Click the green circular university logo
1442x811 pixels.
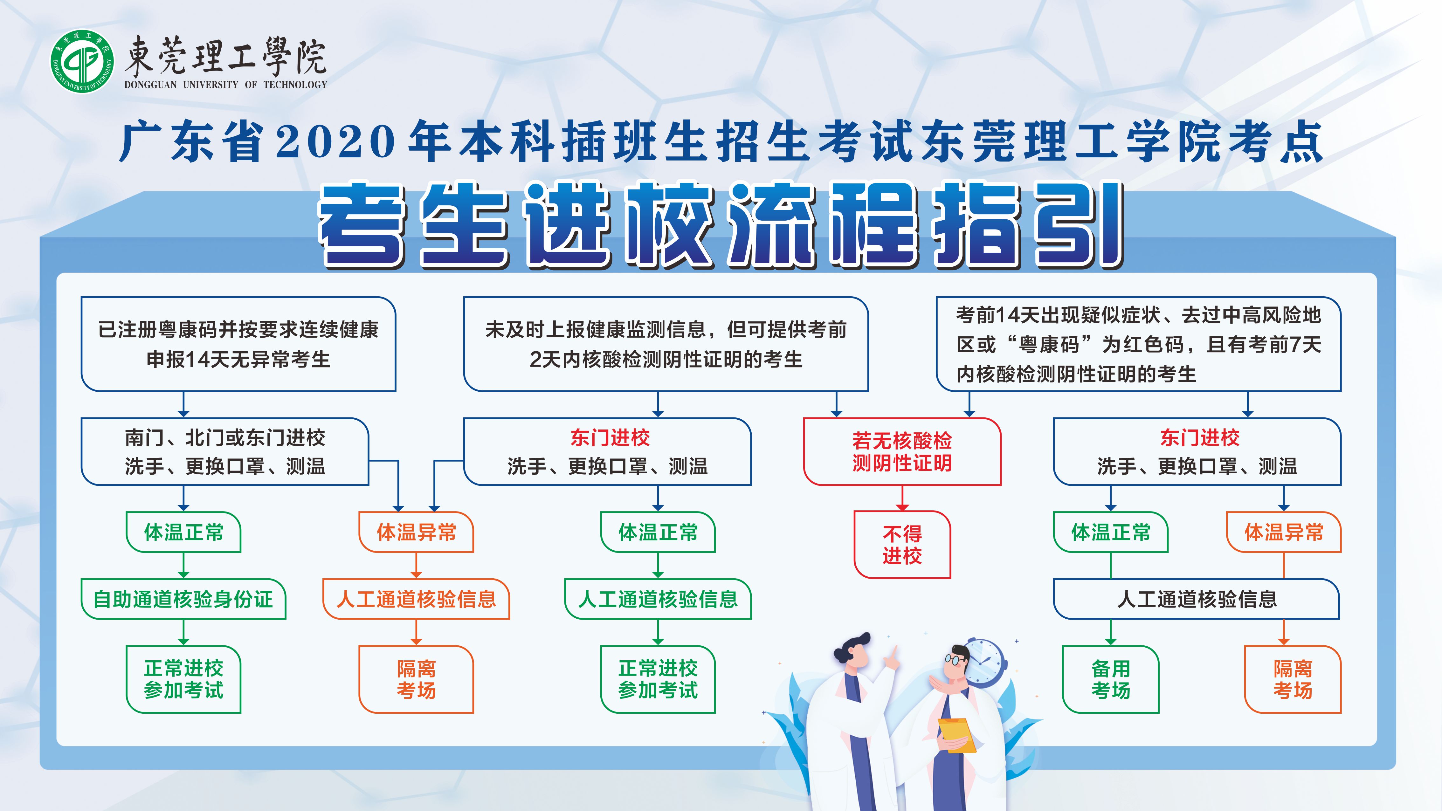tap(82, 62)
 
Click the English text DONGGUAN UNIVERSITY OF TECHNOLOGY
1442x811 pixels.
tap(225, 85)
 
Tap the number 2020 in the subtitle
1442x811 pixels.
tap(336, 141)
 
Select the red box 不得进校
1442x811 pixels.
tap(902, 545)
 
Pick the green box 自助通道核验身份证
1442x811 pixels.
tap(183, 599)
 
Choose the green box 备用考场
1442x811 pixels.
tap(1111, 679)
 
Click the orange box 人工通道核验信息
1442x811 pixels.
tap(416, 599)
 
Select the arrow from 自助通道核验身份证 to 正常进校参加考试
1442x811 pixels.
tap(183, 632)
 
